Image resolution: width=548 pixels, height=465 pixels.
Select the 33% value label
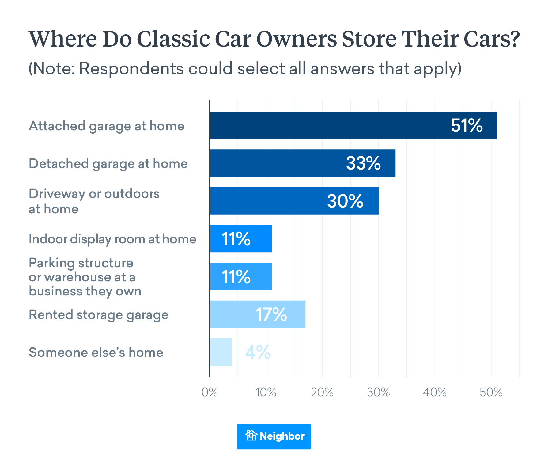point(363,163)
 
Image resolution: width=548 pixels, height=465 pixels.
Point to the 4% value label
point(258,352)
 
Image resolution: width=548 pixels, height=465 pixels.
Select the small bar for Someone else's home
point(221,352)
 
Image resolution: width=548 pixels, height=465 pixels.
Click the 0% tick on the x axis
point(210,392)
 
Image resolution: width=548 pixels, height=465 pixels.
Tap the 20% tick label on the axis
point(322,392)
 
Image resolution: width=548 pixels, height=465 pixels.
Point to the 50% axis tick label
point(491,392)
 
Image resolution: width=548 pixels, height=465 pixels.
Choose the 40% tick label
point(435,392)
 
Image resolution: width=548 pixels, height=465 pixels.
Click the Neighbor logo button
point(274,436)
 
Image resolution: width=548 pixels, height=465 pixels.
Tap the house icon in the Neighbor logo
point(251,436)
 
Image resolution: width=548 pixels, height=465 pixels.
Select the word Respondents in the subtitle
point(131,68)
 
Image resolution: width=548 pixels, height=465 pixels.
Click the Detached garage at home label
point(108,163)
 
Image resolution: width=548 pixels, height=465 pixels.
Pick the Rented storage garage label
point(99,315)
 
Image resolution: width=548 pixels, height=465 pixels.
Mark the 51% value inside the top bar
point(467,125)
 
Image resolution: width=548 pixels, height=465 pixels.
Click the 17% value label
point(271,314)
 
